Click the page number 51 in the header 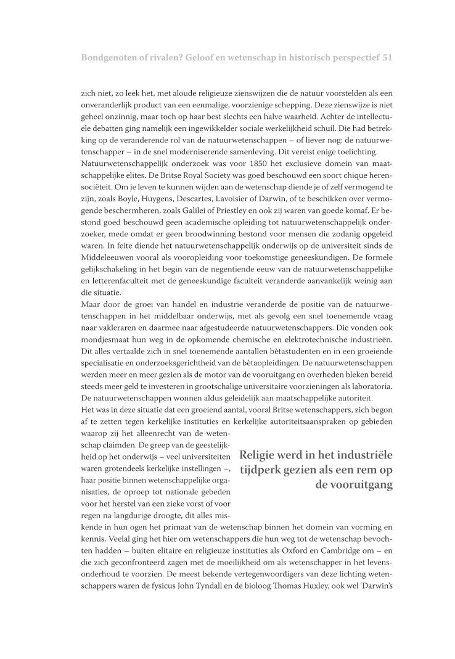click(387, 57)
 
